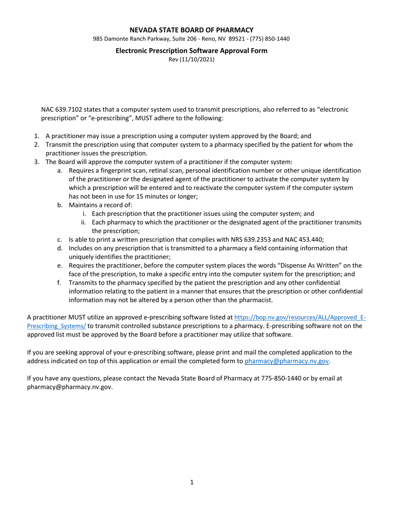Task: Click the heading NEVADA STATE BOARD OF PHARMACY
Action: [x=192, y=30]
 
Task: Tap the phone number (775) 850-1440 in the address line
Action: [x=269, y=39]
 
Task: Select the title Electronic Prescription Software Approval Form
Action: [x=192, y=50]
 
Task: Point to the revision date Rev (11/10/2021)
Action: [x=192, y=59]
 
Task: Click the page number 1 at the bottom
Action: [x=192, y=482]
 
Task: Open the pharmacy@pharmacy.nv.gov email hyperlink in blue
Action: [x=287, y=361]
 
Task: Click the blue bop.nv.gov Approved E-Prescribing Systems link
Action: [x=300, y=317]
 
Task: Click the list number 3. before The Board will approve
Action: [x=37, y=162]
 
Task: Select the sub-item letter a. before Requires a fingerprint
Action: [x=60, y=170]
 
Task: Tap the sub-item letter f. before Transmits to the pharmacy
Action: [x=60, y=283]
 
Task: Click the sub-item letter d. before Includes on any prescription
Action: [x=60, y=248]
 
